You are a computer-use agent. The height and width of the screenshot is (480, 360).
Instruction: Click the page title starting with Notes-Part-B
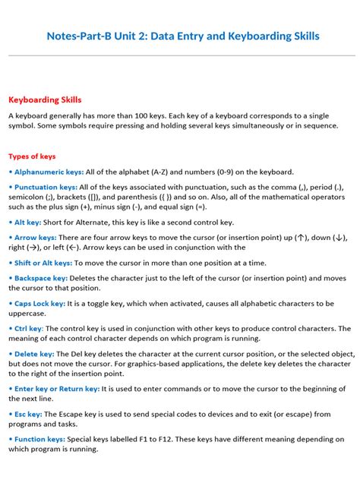(x=183, y=36)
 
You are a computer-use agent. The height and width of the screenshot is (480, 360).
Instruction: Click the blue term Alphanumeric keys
(x=46, y=172)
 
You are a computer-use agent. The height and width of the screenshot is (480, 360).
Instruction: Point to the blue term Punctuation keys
(x=44, y=186)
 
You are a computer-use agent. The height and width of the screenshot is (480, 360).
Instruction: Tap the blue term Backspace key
(x=39, y=279)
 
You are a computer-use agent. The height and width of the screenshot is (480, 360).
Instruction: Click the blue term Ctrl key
(x=27, y=329)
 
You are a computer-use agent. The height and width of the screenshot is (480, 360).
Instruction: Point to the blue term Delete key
(x=31, y=354)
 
